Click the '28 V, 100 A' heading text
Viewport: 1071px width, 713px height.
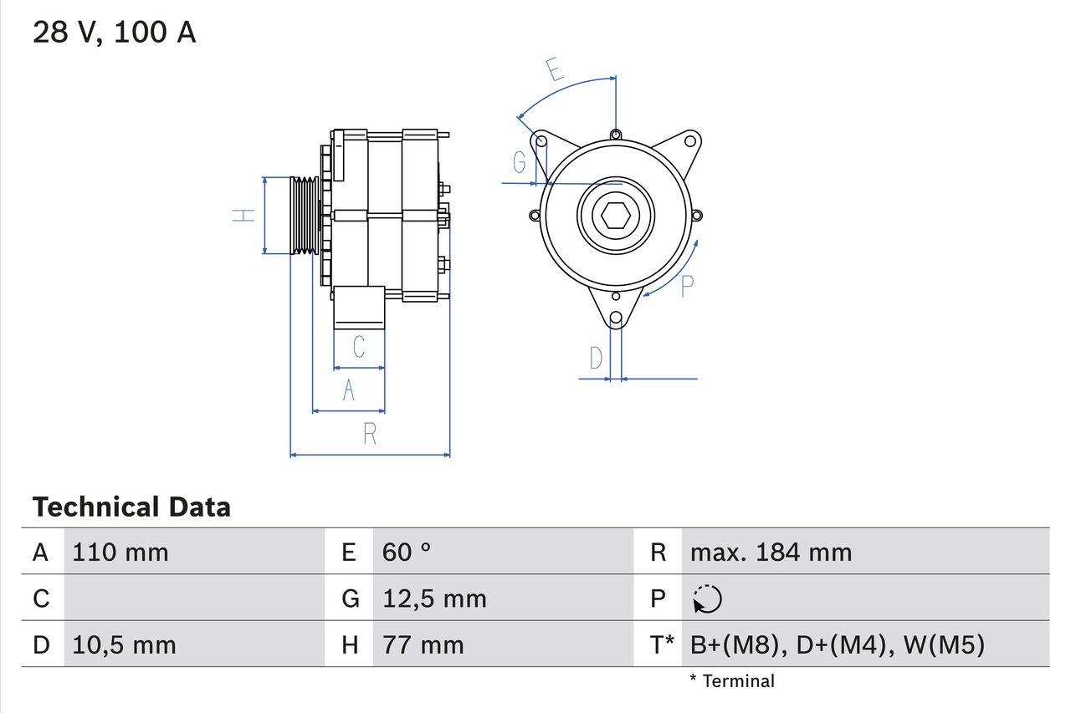point(115,33)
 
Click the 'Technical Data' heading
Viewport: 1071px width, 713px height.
point(131,507)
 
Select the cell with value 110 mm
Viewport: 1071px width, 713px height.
point(120,553)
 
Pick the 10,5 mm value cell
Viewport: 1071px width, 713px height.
point(124,645)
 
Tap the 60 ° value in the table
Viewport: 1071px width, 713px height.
point(407,553)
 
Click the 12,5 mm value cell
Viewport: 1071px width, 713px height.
point(434,598)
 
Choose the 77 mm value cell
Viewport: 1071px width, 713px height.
point(423,645)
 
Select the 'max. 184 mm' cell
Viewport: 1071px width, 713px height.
point(771,553)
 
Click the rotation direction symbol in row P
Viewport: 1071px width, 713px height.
point(707,599)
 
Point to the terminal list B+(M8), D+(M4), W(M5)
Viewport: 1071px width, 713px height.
point(837,645)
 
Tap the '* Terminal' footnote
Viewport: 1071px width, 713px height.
point(732,681)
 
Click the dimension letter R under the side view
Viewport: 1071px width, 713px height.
point(370,435)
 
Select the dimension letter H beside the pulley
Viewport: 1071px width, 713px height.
point(243,215)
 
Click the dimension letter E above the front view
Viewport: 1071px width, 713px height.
point(555,69)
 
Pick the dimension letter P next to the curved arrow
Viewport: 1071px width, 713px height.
point(687,286)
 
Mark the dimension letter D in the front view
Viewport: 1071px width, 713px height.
point(596,359)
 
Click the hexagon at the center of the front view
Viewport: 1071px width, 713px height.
point(616,215)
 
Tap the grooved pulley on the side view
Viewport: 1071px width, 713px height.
point(305,215)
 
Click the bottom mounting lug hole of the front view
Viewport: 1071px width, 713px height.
point(616,318)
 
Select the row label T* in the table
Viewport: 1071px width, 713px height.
point(662,645)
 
